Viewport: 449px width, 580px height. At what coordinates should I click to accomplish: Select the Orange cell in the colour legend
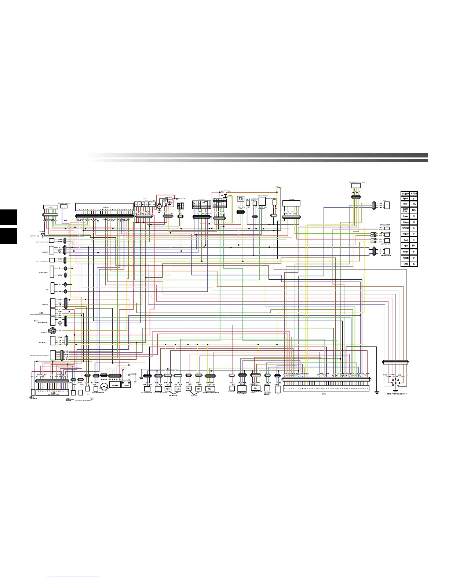405,228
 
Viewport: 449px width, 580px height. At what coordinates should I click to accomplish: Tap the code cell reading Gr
414,264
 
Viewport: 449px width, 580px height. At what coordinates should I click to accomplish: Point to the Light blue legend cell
405,210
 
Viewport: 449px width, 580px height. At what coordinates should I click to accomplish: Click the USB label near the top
248,200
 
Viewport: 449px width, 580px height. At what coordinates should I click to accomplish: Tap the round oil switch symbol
53,330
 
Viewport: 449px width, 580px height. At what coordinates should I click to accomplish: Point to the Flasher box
291,203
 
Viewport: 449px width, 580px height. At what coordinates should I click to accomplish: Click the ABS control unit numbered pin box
52,381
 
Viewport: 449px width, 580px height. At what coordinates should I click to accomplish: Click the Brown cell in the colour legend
405,216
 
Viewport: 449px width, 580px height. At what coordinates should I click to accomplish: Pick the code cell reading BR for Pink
414,246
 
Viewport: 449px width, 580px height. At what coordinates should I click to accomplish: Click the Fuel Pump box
232,388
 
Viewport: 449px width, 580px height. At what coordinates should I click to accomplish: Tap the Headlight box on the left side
52,250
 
